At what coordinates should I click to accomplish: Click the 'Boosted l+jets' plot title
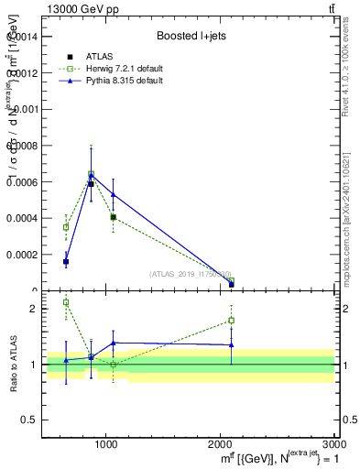(191, 36)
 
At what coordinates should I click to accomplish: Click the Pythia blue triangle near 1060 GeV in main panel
(113, 194)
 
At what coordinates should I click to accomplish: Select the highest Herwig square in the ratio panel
(66, 302)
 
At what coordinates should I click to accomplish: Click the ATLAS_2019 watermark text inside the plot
(191, 274)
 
